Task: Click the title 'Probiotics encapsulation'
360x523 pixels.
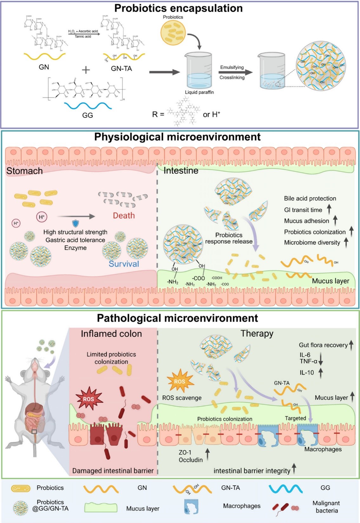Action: (178, 8)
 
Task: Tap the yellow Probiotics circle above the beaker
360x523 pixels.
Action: (173, 33)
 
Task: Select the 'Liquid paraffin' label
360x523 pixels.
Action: (199, 92)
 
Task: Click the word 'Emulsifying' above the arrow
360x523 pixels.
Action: (232, 67)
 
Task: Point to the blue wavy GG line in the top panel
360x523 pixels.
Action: (88, 106)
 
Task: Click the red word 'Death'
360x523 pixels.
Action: (124, 216)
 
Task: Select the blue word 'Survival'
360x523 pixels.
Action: (124, 264)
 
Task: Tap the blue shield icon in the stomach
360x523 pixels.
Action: (75, 223)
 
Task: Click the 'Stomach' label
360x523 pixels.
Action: (24, 171)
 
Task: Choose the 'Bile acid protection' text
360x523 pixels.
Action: (310, 199)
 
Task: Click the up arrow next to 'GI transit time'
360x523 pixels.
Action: (329, 209)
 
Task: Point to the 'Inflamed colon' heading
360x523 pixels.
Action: (111, 334)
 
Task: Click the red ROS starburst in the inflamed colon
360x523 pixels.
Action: (88, 399)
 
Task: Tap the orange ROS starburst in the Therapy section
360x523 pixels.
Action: (180, 381)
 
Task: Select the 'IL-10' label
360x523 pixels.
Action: (307, 373)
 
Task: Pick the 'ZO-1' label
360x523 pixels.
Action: (185, 452)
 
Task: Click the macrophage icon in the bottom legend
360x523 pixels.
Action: (191, 506)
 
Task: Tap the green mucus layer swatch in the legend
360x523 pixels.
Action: (101, 508)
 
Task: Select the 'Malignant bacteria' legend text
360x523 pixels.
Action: (326, 507)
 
